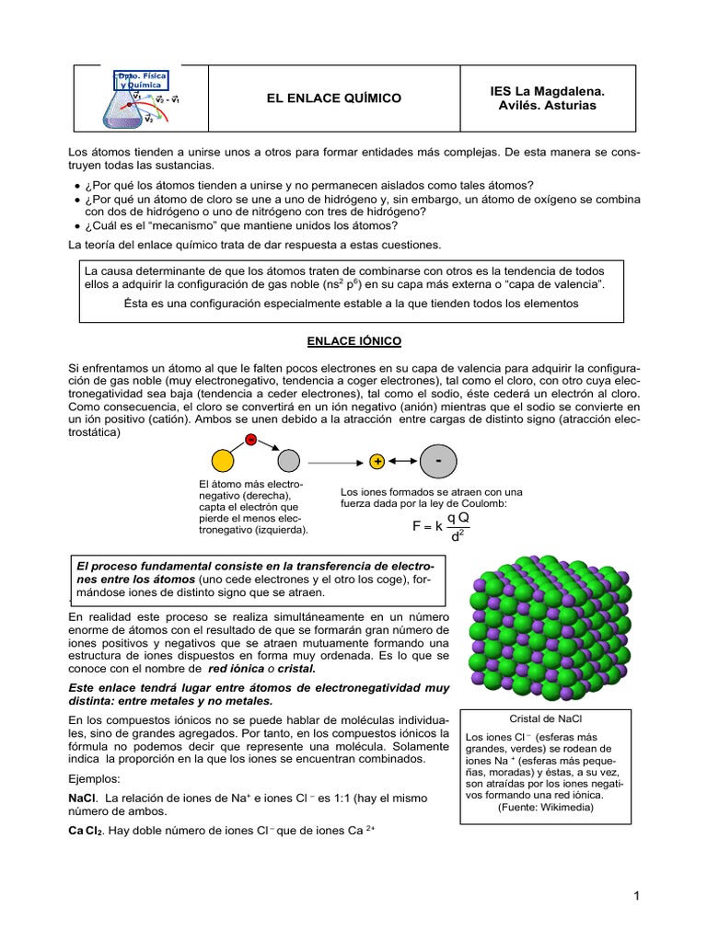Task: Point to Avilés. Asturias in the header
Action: coord(547,106)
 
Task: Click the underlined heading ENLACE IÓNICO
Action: coord(353,341)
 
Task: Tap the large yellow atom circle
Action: coord(224,461)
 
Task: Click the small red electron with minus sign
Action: coord(250,440)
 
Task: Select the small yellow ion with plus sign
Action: coord(377,461)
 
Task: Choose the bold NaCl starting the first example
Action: coord(84,798)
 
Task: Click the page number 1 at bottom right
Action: coord(636,896)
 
